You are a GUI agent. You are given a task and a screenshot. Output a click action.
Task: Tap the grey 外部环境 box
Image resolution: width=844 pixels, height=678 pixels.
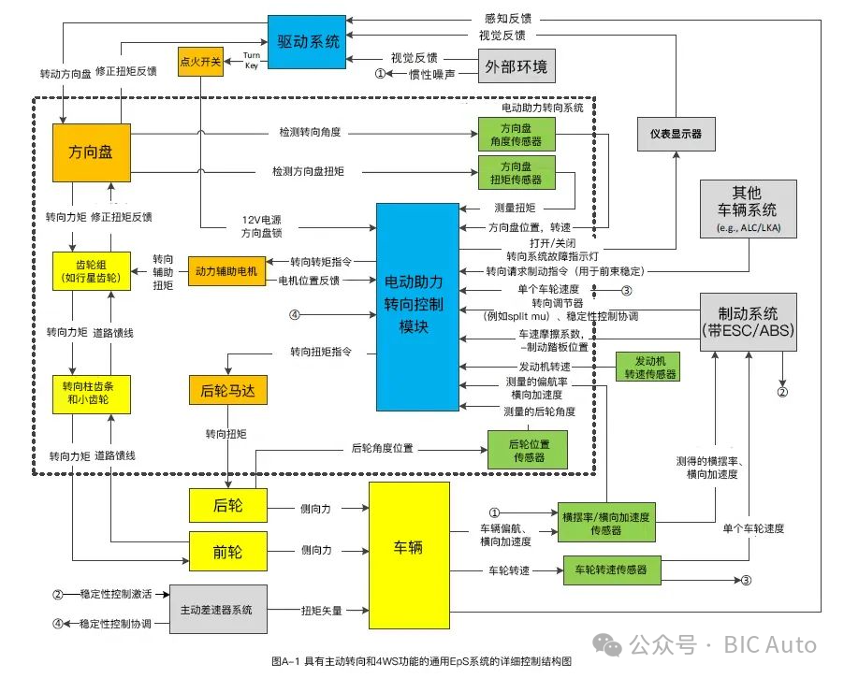517,66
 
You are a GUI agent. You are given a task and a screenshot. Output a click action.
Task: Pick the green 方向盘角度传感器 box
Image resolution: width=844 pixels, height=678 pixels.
516,134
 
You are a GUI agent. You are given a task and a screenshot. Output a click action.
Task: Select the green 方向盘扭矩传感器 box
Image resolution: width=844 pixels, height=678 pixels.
516,172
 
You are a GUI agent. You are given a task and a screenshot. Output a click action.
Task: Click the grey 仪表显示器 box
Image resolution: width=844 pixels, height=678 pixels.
676,134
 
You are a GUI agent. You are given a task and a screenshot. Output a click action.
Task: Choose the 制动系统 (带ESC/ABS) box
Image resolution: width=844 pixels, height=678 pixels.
748,322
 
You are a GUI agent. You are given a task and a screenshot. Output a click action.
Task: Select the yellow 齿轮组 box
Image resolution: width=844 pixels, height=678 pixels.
90,270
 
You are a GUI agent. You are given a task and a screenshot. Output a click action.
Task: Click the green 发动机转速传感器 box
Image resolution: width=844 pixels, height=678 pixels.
647,366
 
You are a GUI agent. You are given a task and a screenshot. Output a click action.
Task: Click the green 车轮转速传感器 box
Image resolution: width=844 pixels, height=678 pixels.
611,570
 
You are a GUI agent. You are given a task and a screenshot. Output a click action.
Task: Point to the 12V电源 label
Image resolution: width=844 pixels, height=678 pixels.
262,220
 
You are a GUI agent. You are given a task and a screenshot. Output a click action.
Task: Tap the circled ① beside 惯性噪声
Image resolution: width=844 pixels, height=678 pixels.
380,73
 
